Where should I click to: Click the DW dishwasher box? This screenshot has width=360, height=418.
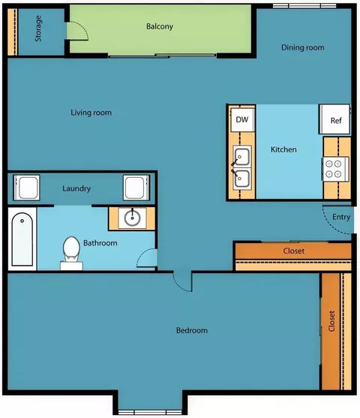point(242,119)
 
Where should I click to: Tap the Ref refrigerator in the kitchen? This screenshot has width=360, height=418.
point(335,119)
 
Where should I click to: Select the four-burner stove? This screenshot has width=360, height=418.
point(335,170)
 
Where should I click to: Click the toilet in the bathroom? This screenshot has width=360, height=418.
point(71,253)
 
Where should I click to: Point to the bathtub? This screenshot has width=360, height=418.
point(22,239)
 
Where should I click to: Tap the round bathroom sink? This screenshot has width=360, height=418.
point(133,218)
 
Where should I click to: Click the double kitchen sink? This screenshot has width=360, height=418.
point(242,167)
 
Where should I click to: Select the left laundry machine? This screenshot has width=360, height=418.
point(27,188)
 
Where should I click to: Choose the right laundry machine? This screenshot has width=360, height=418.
point(136,188)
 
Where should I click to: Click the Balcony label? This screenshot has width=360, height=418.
point(160,26)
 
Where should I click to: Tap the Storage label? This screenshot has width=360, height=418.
point(38,29)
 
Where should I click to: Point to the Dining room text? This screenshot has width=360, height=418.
point(303,47)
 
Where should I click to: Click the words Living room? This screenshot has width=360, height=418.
point(91,113)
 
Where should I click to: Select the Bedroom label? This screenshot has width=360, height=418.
point(192,330)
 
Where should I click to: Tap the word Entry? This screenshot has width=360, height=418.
point(341,218)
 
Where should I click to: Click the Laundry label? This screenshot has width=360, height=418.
point(76,189)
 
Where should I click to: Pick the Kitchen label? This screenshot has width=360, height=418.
point(283,149)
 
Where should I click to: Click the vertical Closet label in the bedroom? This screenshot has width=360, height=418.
point(331,321)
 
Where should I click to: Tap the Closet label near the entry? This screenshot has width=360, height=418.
point(294,251)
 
